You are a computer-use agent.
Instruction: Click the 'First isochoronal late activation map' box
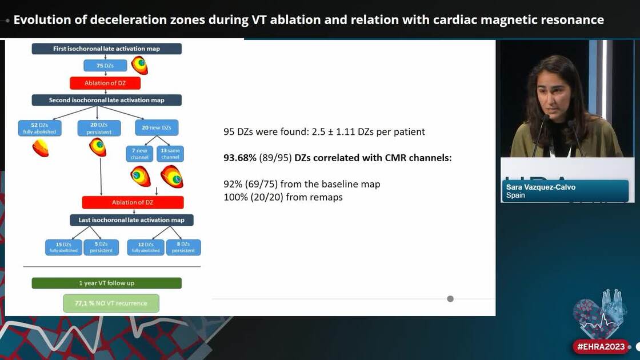(x=106, y=49)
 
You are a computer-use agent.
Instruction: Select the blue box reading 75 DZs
(x=105, y=66)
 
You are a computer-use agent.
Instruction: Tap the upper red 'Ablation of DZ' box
(x=105, y=83)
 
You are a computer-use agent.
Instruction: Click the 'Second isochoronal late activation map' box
(x=106, y=100)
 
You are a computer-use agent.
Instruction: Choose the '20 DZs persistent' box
(x=99, y=128)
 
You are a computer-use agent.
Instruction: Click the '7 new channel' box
(x=139, y=153)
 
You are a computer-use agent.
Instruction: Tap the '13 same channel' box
(x=170, y=153)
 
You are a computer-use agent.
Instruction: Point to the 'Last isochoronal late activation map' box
(x=131, y=220)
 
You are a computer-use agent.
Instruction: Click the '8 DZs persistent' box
(x=183, y=247)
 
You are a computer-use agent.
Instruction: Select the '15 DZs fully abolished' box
(x=63, y=247)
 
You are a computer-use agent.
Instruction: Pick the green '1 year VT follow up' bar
(x=106, y=283)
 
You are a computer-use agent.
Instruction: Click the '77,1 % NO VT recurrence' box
(x=111, y=303)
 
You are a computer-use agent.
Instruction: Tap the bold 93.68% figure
(x=240, y=158)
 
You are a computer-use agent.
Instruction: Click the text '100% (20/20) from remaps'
(x=283, y=197)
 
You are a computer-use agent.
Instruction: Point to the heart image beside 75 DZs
(x=139, y=65)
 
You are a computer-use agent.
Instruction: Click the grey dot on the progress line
(x=450, y=298)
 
